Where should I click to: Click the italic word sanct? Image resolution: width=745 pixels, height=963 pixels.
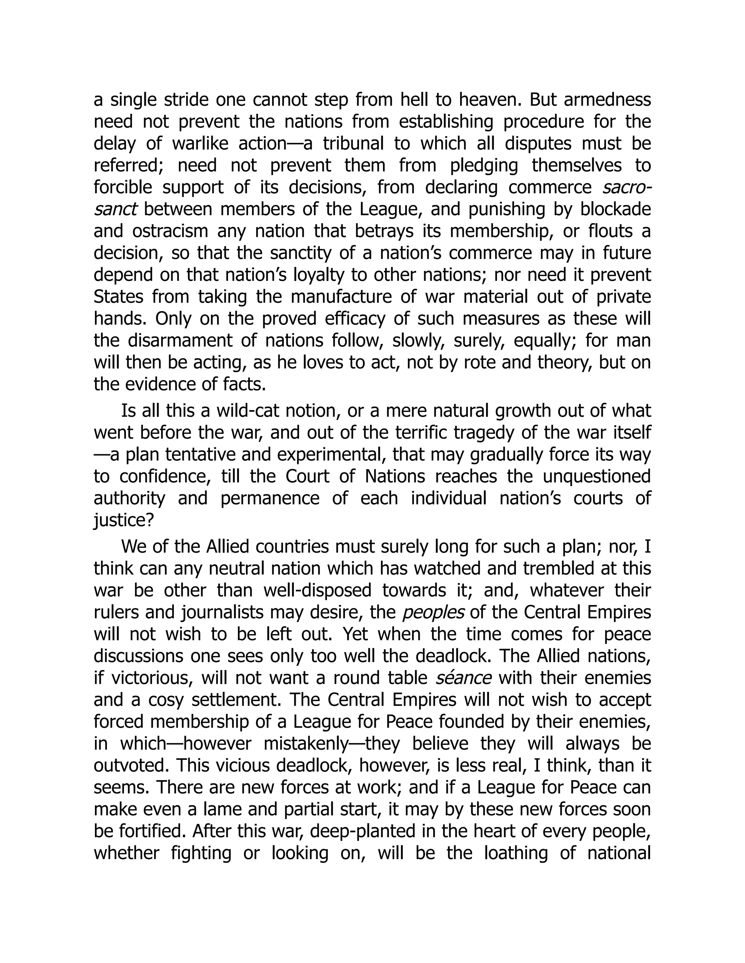116,209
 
